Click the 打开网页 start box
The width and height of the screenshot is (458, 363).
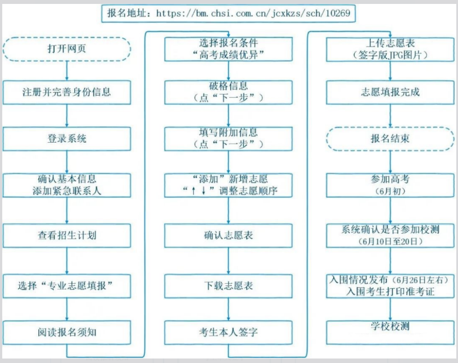(67, 48)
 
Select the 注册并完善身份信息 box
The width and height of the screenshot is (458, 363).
(67, 92)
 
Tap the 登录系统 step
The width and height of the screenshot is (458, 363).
(67, 138)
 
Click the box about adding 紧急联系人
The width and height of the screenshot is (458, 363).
(67, 185)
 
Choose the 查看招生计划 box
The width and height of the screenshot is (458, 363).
(67, 235)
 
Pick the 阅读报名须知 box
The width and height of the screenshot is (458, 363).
(67, 332)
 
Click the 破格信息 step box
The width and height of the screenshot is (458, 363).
(228, 92)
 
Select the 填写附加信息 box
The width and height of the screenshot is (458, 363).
(228, 138)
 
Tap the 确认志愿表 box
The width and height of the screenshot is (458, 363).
(228, 235)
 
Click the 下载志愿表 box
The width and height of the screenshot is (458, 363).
(228, 285)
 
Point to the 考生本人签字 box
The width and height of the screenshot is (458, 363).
(228, 332)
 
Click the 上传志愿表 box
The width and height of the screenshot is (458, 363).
(390, 48)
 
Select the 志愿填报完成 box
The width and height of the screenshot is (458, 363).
(390, 92)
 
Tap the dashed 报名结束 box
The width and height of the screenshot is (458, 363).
(390, 138)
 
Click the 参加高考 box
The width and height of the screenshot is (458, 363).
(390, 185)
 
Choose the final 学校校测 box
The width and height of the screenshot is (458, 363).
(390, 332)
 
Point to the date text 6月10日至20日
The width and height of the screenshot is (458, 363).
(390, 241)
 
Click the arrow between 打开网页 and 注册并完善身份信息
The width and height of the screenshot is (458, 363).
(67, 70)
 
